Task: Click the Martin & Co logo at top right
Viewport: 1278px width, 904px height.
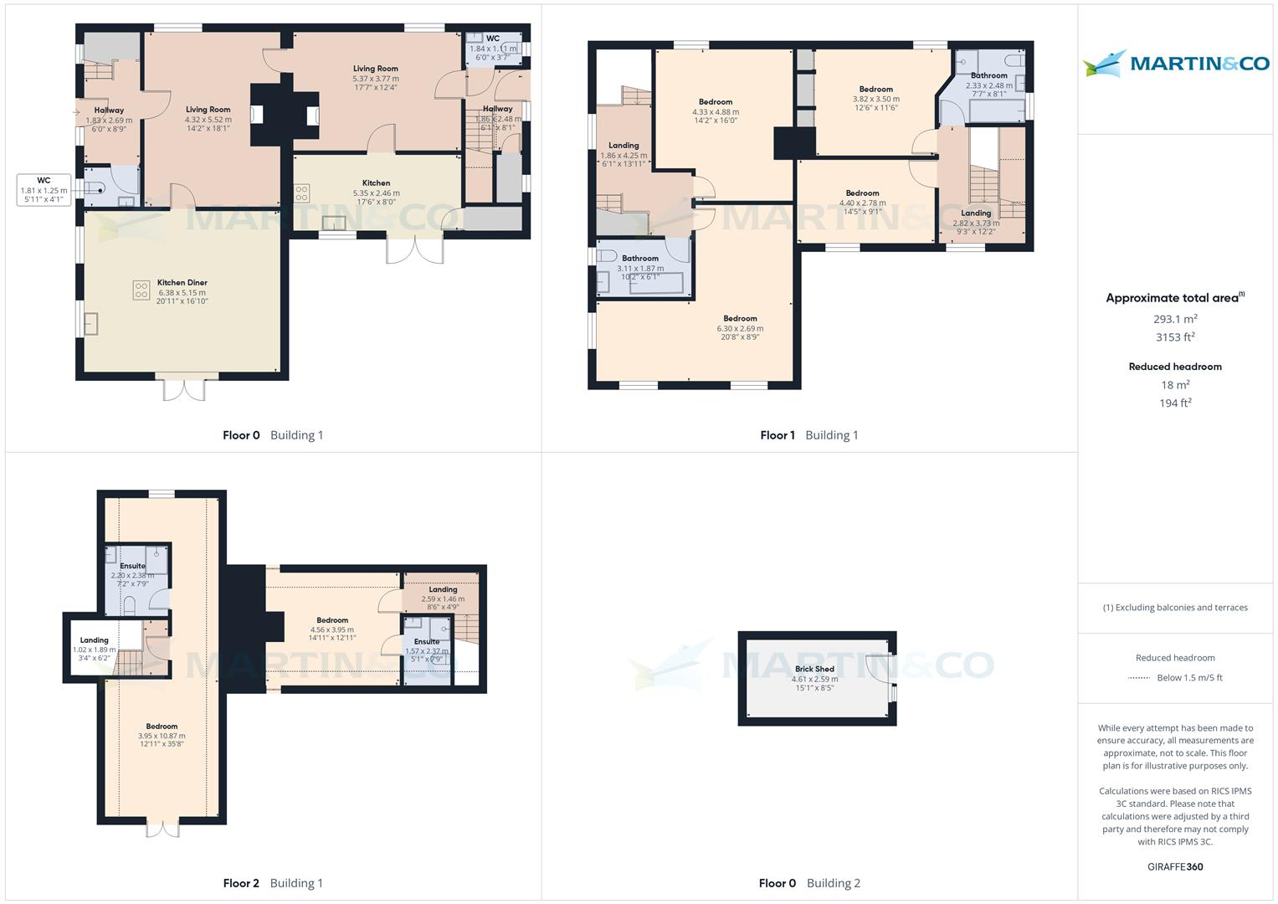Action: pyautogui.click(x=1175, y=64)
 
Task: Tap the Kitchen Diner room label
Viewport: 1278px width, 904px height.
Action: pyautogui.click(x=182, y=283)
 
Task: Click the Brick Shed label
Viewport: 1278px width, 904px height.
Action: pyautogui.click(x=814, y=669)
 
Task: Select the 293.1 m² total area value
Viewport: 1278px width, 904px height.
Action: pyautogui.click(x=1175, y=319)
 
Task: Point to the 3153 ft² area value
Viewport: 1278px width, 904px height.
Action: pyautogui.click(x=1175, y=337)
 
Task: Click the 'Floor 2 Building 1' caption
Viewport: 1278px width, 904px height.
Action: pyautogui.click(x=273, y=883)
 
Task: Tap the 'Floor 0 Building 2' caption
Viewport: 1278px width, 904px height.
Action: pyautogui.click(x=809, y=883)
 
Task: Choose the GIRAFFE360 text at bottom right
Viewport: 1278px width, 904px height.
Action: pyautogui.click(x=1175, y=866)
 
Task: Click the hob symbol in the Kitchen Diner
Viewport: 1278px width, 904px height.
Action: pyautogui.click(x=141, y=290)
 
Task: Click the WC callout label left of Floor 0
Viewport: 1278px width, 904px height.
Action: pyautogui.click(x=44, y=190)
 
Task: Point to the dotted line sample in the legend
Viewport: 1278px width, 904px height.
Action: pyautogui.click(x=1139, y=678)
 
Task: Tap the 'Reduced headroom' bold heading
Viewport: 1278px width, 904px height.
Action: pyautogui.click(x=1175, y=367)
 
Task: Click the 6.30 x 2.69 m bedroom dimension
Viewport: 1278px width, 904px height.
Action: pyautogui.click(x=740, y=328)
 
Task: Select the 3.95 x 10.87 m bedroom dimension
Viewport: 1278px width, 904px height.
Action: pyautogui.click(x=162, y=736)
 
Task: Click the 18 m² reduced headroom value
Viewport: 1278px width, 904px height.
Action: pyautogui.click(x=1175, y=385)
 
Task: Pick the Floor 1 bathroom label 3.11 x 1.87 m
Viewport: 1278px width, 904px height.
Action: pyautogui.click(x=640, y=269)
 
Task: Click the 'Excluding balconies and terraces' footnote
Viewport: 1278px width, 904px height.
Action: pyautogui.click(x=1175, y=608)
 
